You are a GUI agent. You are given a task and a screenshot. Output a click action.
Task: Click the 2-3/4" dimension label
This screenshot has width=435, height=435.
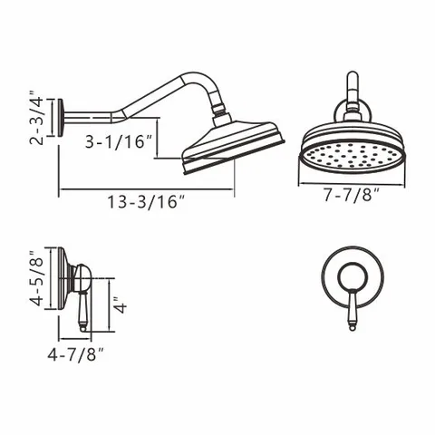coord(38,118)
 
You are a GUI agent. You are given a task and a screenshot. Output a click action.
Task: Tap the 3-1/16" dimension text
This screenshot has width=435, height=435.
coord(119,141)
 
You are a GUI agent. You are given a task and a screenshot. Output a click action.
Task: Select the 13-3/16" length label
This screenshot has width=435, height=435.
coord(146,202)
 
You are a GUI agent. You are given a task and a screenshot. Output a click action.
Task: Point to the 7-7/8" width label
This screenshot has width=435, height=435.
coord(352,195)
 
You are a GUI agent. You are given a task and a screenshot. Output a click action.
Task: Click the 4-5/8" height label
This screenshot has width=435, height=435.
coord(37,278)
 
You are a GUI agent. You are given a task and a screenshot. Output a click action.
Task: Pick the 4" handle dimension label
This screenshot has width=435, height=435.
coord(121,304)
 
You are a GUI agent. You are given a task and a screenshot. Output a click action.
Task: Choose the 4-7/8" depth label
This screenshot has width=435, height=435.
coord(75,354)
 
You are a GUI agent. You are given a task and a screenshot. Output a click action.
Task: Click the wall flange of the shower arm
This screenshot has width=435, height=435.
coord(61,118)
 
